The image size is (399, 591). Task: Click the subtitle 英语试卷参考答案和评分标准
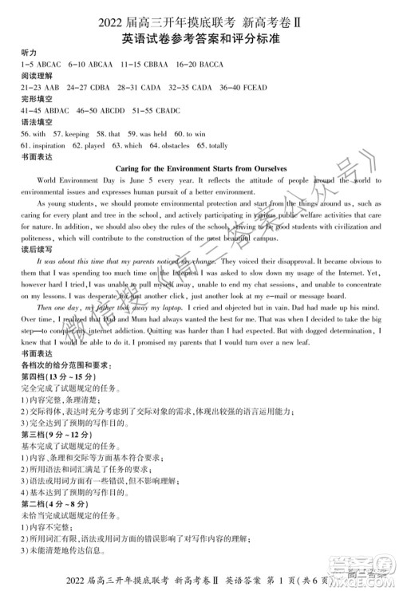pyautogui.click(x=199, y=37)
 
